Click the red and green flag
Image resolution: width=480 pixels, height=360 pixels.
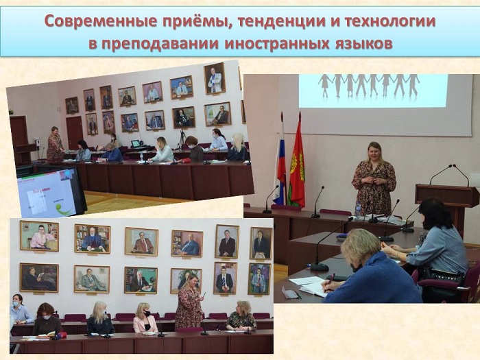pos(297,163)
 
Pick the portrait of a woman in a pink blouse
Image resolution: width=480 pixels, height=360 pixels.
pos(39,236)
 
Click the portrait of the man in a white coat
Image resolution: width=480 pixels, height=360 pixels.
pos(215,78)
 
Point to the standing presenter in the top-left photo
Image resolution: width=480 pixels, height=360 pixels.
pos(55,145)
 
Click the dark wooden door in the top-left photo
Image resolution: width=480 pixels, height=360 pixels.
pos(74,133)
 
